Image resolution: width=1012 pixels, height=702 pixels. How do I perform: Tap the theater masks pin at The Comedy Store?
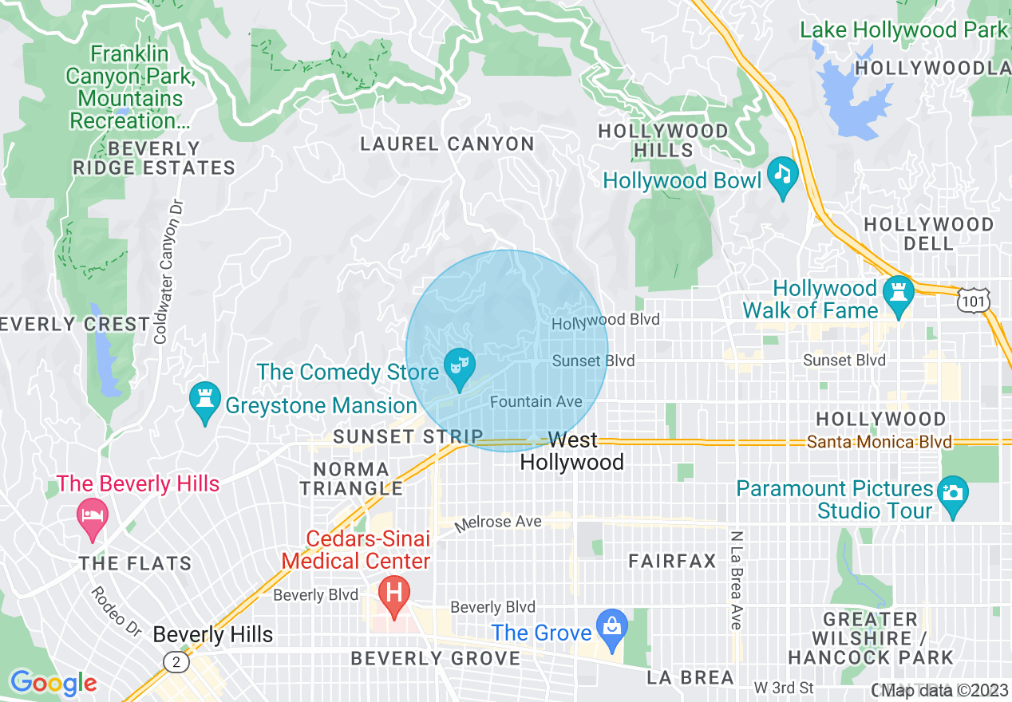pos(460,367)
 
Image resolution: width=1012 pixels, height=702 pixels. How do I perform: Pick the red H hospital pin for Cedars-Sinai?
pos(393,594)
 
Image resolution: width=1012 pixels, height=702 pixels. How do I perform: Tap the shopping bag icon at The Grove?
pos(612,626)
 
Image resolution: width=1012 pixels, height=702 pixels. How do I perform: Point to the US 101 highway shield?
pos(974,299)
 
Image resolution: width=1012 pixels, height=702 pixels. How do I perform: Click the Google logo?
pos(53,683)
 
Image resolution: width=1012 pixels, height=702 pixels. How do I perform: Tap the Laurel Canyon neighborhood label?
pos(447,144)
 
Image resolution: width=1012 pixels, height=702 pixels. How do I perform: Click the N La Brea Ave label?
pos(737,579)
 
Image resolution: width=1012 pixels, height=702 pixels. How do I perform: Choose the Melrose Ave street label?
pos(498,523)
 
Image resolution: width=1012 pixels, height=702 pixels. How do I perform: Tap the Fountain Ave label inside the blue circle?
pos(536,402)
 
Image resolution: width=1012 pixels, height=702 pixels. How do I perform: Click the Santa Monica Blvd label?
pos(879,442)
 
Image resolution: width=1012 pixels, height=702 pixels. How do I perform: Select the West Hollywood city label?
pos(572,452)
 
